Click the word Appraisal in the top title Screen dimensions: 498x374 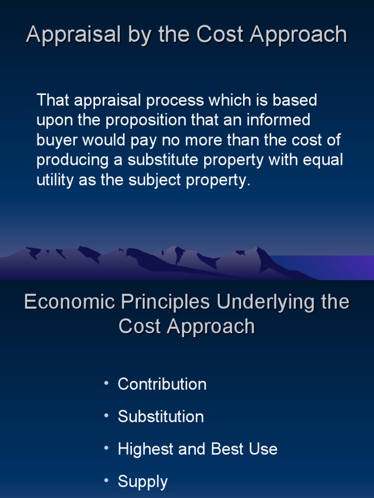(66, 35)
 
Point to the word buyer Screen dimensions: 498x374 (57, 141)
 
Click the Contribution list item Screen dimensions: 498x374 (162, 384)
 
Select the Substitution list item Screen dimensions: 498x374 (161, 417)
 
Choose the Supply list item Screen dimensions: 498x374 (143, 482)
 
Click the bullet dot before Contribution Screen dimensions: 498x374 (106, 383)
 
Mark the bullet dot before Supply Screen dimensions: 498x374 (106, 480)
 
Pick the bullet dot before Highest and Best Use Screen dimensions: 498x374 (106, 448)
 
